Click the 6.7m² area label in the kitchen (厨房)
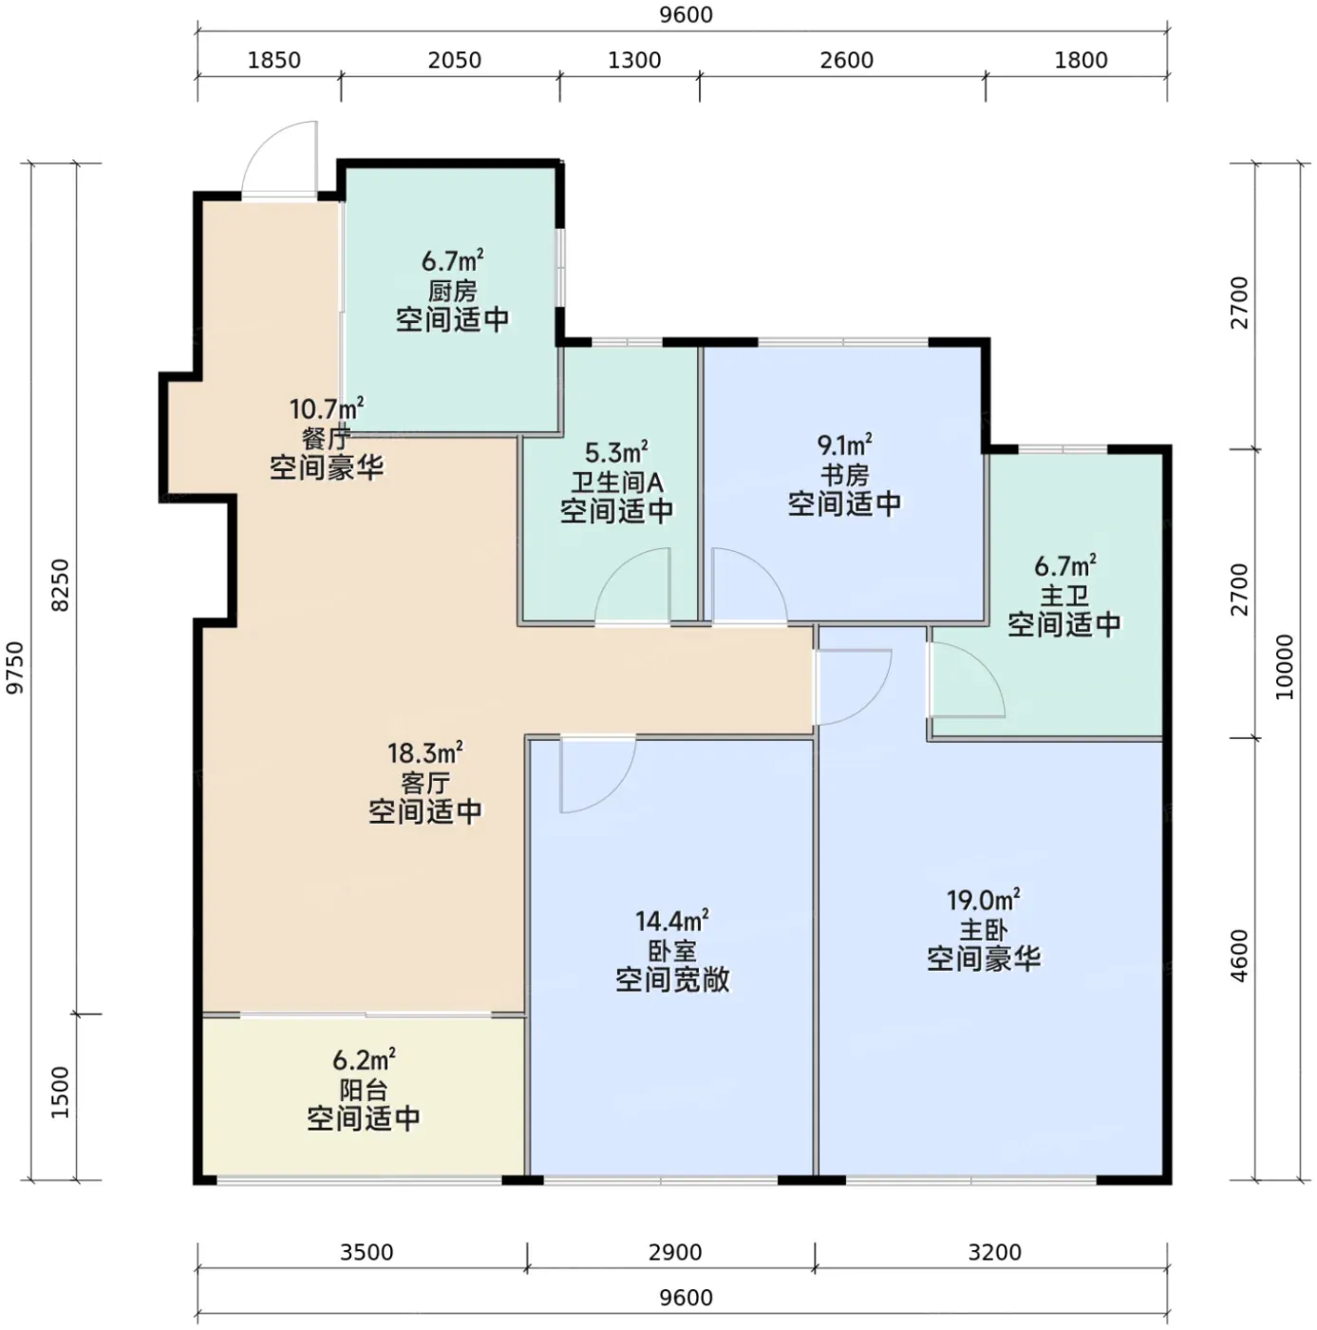452,261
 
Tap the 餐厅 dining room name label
327,438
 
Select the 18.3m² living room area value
424,751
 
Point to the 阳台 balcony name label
364,1090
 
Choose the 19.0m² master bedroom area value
983,900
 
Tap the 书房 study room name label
844,475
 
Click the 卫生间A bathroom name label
617,482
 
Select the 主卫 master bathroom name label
1064,596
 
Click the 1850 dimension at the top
273,60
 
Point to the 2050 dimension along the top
454,60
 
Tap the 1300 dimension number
634,60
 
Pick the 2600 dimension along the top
846,60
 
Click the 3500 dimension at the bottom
367,1252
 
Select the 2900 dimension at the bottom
675,1252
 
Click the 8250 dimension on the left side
61,585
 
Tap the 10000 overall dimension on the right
1285,668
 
